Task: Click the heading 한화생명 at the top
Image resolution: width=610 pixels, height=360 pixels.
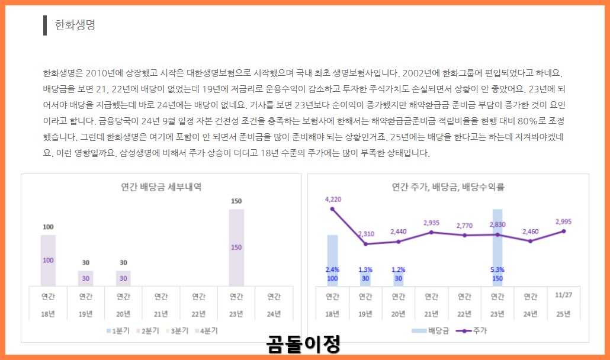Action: (x=75, y=25)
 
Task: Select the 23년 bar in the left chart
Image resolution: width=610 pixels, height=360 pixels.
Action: (x=236, y=247)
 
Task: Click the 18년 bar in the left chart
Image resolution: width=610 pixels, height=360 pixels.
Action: (x=48, y=261)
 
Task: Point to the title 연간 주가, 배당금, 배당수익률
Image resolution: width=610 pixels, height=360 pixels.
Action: (x=448, y=187)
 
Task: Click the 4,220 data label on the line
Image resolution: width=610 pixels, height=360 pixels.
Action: (x=333, y=200)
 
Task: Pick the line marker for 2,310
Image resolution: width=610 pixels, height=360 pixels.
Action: (x=365, y=244)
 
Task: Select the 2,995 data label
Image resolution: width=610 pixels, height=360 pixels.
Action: (x=563, y=221)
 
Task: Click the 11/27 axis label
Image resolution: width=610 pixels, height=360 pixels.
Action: (x=563, y=295)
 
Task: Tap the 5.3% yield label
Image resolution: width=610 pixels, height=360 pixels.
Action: (x=497, y=269)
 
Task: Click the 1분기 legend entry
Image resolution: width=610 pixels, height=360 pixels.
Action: (x=118, y=331)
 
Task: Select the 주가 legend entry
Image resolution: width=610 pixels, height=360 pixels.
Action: (x=474, y=330)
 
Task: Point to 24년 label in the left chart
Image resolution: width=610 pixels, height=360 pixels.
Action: (x=274, y=313)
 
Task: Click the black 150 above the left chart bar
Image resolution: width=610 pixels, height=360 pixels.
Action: (x=236, y=201)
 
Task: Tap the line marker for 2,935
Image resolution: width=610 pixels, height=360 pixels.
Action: (x=431, y=232)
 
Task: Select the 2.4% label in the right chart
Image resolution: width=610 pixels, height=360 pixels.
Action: (x=332, y=269)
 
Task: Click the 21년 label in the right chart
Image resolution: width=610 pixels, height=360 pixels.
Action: (x=431, y=313)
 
